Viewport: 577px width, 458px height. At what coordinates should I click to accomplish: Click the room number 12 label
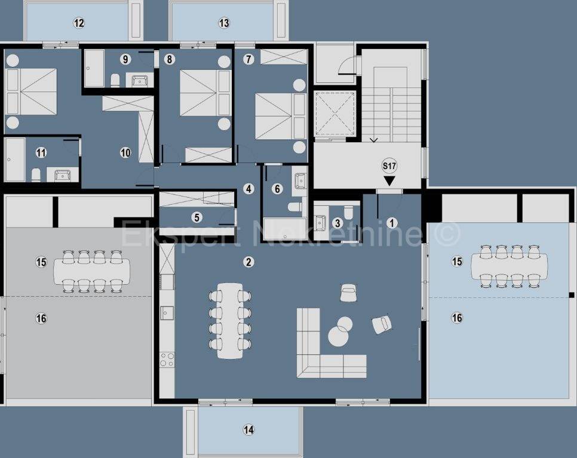tap(79, 23)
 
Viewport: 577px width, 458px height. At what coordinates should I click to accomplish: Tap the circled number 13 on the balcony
tap(224, 23)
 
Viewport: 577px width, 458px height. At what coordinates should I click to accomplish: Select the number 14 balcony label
tap(248, 429)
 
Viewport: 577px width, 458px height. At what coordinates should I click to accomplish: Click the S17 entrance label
tap(389, 166)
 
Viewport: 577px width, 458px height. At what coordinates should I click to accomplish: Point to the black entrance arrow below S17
tap(389, 180)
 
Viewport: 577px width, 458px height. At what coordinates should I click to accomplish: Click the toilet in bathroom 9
tap(115, 81)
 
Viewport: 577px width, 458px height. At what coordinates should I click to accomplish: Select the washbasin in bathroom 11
tap(63, 175)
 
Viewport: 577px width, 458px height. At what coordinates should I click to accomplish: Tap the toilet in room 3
tap(348, 212)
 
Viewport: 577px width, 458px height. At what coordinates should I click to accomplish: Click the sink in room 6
tap(300, 180)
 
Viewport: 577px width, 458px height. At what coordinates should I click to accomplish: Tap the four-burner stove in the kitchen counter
tap(167, 359)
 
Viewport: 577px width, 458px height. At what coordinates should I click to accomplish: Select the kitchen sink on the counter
tap(167, 313)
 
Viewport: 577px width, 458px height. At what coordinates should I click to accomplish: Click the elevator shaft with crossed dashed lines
tap(334, 113)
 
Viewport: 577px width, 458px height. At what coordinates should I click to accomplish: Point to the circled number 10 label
tap(125, 153)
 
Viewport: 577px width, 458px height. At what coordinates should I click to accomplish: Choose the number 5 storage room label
tap(197, 217)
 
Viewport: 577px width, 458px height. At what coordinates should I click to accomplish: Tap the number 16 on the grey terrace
tap(41, 318)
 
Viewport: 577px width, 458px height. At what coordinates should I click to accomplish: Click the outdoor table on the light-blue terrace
tap(510, 266)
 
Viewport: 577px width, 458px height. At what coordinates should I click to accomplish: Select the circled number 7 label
tap(248, 59)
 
